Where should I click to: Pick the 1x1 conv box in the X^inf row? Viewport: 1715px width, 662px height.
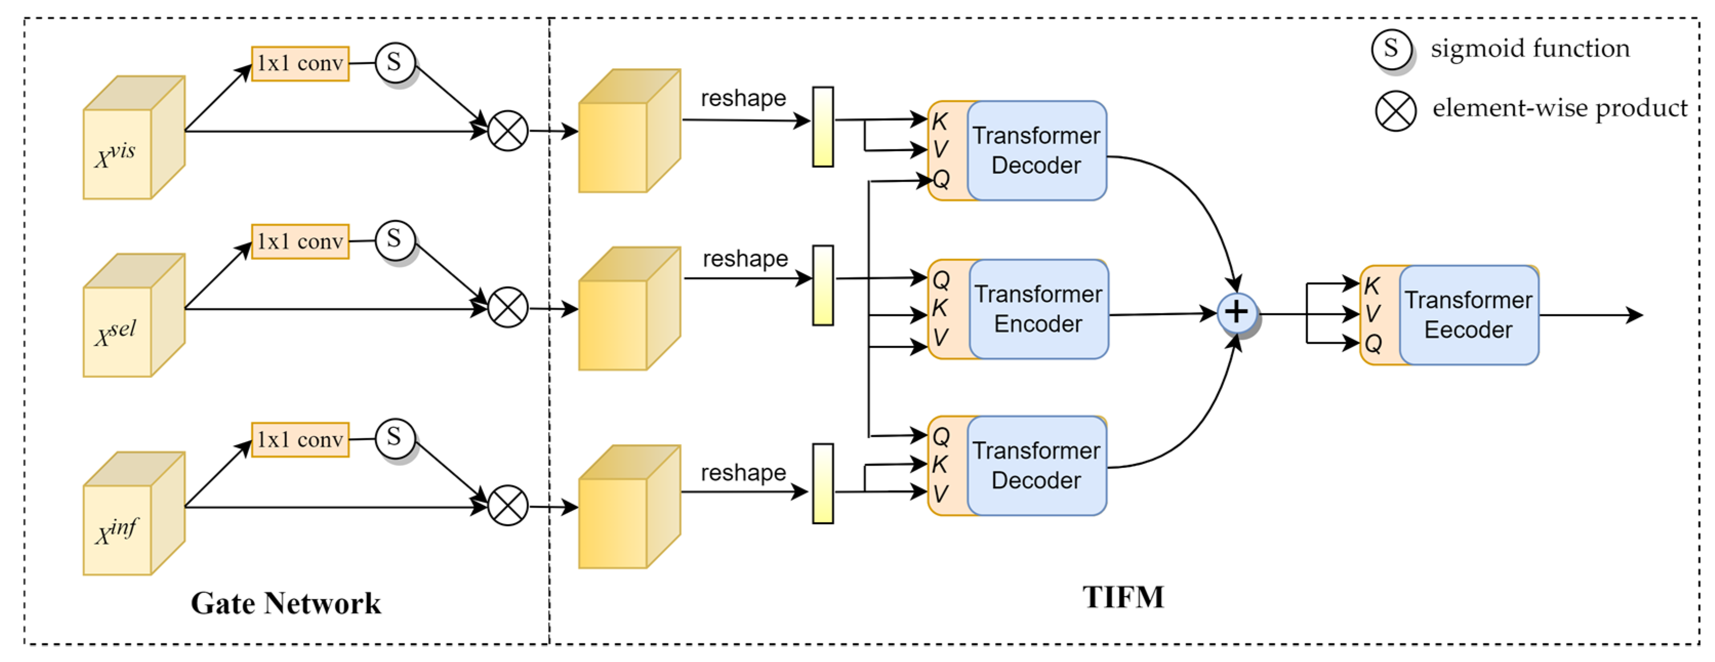pos(300,440)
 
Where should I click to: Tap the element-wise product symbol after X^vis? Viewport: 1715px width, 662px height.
pos(508,131)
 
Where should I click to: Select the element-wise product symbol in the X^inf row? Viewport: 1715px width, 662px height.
pos(508,506)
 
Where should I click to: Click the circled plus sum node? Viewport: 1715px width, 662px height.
pos(1236,313)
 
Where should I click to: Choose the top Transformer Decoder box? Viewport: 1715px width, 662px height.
pos(1036,150)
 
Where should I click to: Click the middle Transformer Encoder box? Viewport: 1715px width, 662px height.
pos(1038,309)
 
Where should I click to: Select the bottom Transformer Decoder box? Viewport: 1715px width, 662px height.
pos(1036,466)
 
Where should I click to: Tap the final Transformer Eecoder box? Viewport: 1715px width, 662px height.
pos(1468,315)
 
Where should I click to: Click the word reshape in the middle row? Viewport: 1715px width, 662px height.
pos(745,258)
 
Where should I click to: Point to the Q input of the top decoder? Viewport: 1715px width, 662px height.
pos(941,179)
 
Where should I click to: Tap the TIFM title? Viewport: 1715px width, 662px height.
pos(1123,597)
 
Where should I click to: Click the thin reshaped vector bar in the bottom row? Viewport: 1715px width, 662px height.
pos(823,484)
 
